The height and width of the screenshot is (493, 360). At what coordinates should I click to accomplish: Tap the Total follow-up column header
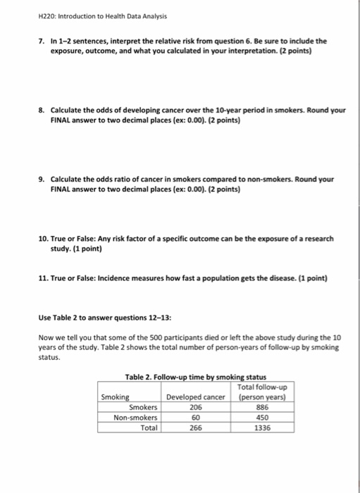265,392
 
